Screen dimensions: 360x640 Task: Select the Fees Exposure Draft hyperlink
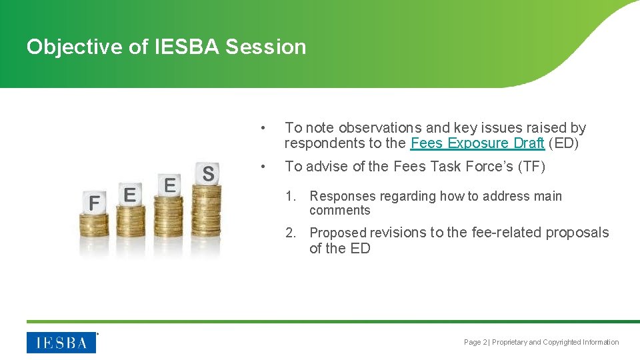(x=477, y=143)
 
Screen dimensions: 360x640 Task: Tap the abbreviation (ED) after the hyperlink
(x=563, y=143)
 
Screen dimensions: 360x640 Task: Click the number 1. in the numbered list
(x=290, y=196)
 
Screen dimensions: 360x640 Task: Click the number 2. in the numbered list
(x=290, y=233)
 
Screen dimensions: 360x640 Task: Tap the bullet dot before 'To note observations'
(x=264, y=128)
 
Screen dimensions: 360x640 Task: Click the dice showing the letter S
(x=208, y=173)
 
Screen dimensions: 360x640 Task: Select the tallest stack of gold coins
(x=207, y=220)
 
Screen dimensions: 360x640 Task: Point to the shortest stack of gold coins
(x=94, y=233)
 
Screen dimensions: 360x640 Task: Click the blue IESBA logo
(x=61, y=343)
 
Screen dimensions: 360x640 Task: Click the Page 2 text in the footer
(x=475, y=343)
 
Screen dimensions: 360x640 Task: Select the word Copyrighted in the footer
(x=562, y=343)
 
